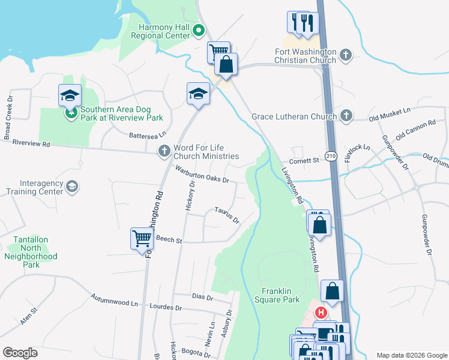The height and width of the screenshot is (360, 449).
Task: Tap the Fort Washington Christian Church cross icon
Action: (345, 56)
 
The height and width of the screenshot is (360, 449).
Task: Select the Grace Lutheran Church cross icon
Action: (346, 116)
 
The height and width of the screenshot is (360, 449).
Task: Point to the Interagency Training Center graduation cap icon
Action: (72, 187)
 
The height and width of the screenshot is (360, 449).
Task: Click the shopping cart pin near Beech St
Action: (142, 238)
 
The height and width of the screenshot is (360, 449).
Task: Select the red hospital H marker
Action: (321, 313)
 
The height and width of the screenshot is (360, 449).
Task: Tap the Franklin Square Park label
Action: (277, 295)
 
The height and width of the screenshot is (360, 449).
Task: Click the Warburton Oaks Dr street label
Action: (202, 175)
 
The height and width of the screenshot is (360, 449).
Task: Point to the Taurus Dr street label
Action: (227, 215)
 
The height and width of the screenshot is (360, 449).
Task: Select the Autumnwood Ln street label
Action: (114, 300)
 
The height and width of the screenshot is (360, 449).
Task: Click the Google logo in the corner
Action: (20, 352)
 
